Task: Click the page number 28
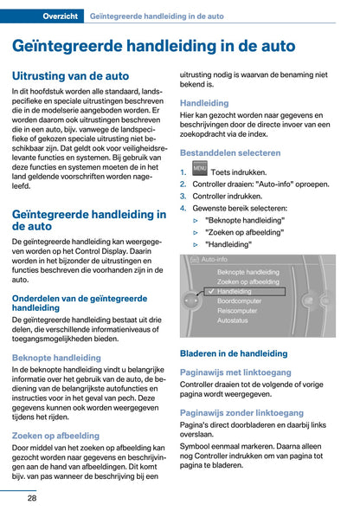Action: coord(31,497)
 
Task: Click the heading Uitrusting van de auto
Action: coord(70,76)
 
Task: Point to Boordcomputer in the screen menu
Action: coord(243,302)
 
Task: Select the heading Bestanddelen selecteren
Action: coord(229,152)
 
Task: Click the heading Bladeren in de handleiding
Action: coord(233,353)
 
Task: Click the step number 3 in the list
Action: coord(183,196)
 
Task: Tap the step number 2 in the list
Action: coord(183,184)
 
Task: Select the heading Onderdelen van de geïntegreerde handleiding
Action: coord(80,302)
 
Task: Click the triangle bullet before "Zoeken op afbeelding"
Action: coord(196,232)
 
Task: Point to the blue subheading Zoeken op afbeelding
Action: coord(55,436)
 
